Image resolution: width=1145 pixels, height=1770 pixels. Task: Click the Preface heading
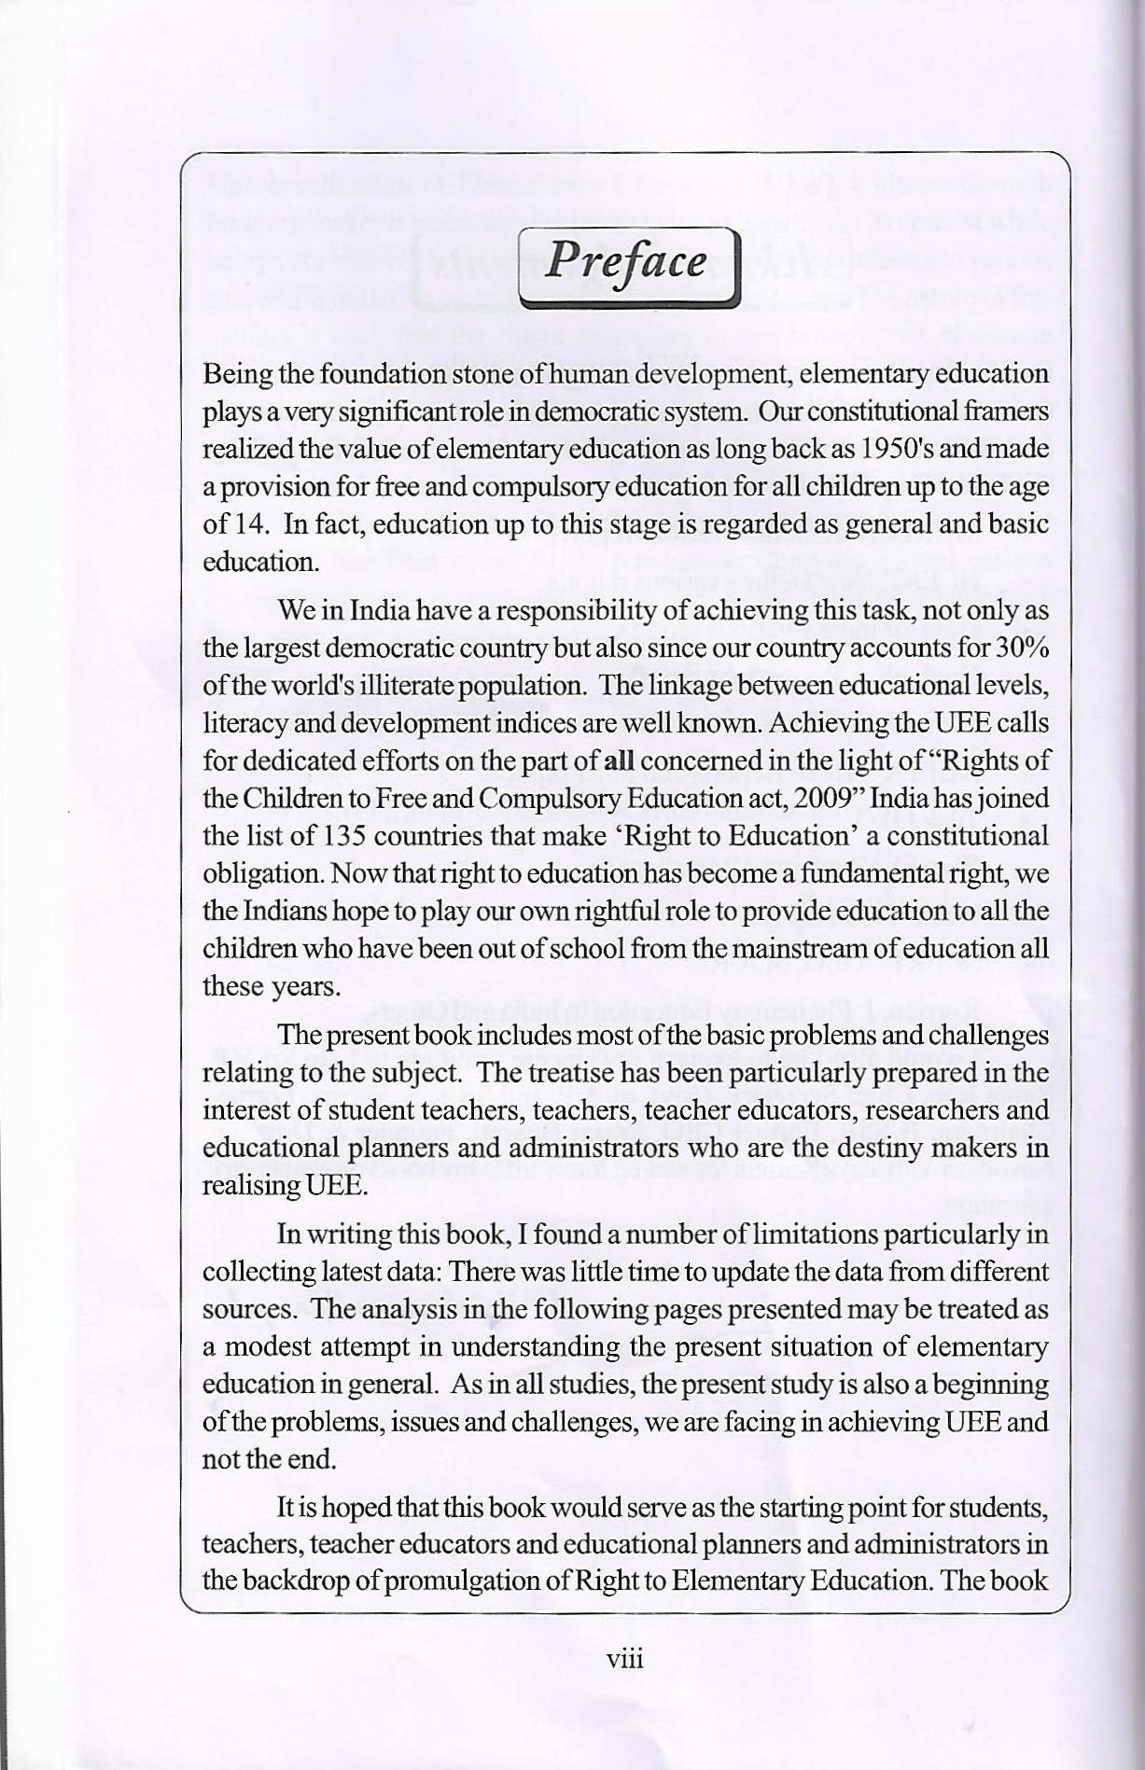click(626, 262)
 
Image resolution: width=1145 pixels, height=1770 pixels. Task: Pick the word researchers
click(937, 1110)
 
